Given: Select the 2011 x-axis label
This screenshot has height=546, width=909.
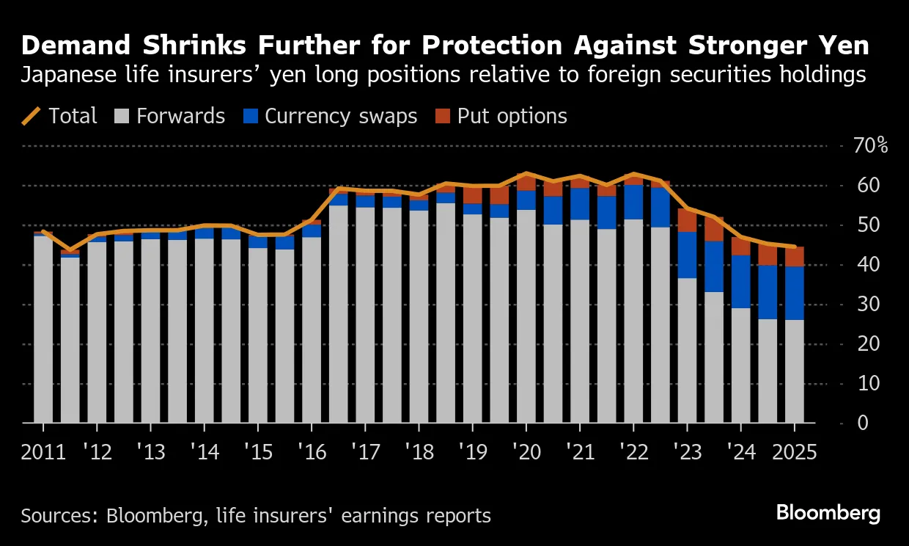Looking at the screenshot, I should click(43, 451).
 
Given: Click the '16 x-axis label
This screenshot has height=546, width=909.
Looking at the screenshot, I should click(311, 451).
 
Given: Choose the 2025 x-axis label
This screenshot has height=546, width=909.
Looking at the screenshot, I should click(794, 451).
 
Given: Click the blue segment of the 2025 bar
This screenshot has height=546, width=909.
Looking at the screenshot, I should click(795, 293).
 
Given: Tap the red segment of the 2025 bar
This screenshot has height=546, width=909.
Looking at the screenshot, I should click(795, 257).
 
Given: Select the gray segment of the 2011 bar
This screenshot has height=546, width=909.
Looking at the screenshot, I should click(43, 330).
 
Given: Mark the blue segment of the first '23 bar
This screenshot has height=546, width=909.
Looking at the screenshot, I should click(687, 255).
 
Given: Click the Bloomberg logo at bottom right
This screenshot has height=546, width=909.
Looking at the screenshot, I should click(828, 513).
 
